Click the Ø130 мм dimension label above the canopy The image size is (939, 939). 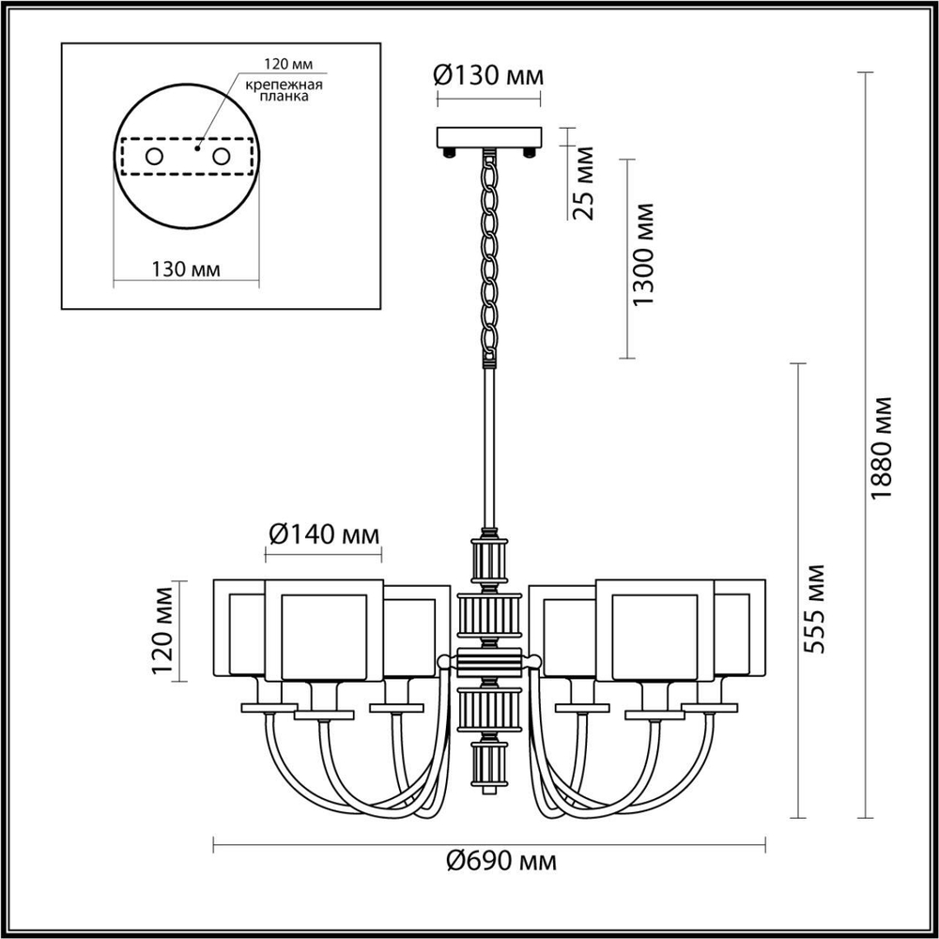pos(488,75)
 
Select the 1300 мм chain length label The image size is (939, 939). pos(643,254)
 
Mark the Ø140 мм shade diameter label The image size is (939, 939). pos(324,535)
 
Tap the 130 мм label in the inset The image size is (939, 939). pos(185,269)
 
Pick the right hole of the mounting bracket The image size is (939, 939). pos(222,157)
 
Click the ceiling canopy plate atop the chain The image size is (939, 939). pos(489,137)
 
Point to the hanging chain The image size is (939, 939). pos(489,254)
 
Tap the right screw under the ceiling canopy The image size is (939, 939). pos(529,151)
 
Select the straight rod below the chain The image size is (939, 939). pos(489,451)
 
